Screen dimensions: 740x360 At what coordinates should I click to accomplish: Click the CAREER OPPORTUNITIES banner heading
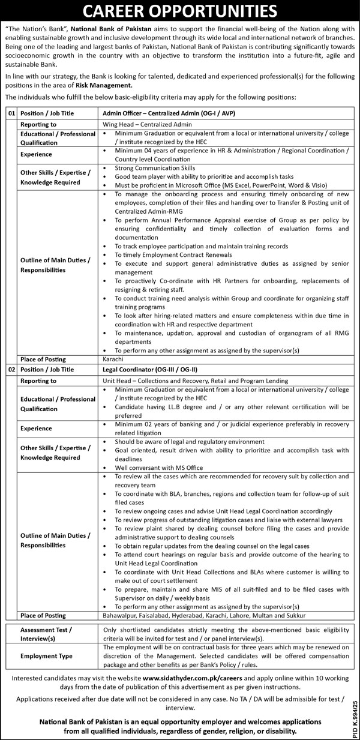click(180, 11)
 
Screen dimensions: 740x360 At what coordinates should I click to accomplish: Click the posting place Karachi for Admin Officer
click(114, 359)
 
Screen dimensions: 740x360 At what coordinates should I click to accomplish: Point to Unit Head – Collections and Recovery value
click(194, 381)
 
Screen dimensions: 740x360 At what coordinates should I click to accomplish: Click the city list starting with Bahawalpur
click(204, 616)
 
